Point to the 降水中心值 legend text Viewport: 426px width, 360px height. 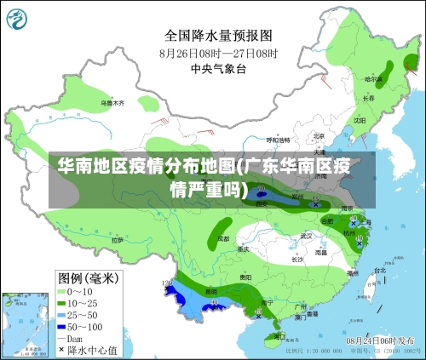coord(95,349)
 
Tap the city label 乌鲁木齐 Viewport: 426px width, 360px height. coord(112,103)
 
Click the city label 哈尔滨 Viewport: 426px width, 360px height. coord(375,79)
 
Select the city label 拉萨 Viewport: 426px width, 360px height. coord(117,240)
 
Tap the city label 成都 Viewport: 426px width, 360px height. coord(223,239)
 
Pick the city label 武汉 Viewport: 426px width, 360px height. coord(307,236)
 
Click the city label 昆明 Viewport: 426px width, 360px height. coord(210,291)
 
